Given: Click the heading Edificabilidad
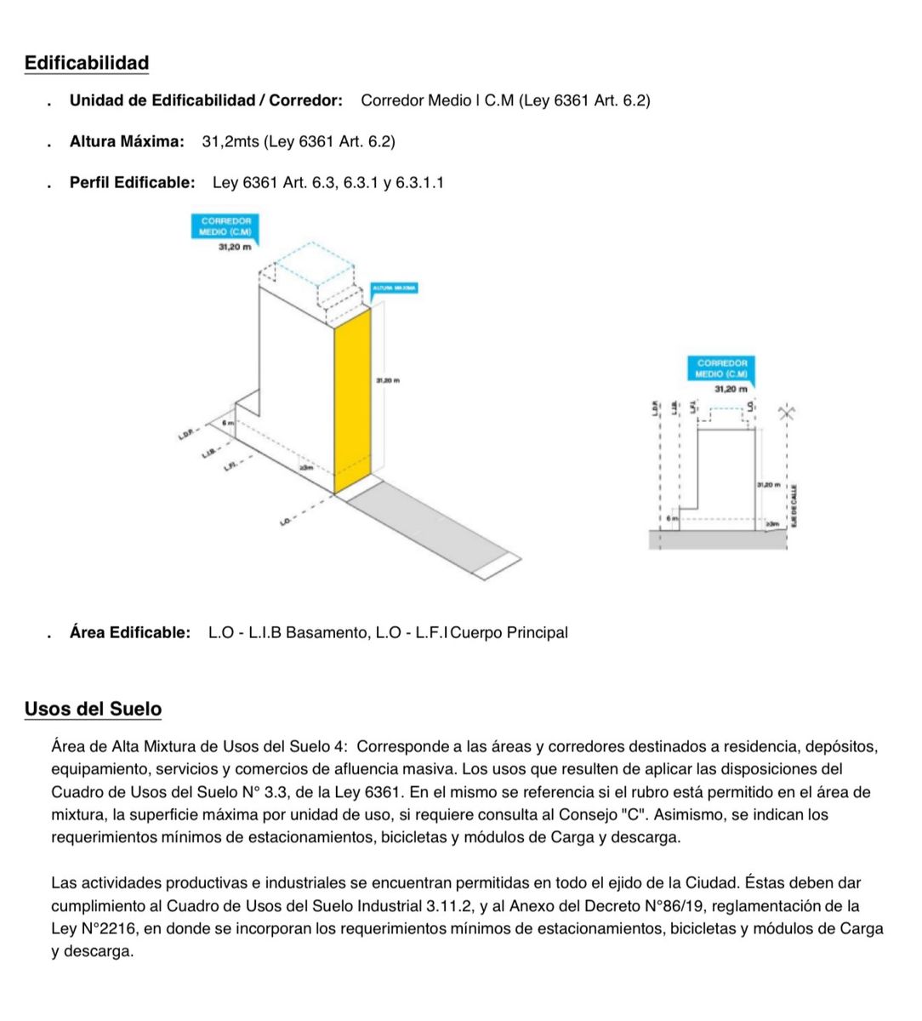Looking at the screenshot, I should click(x=87, y=63).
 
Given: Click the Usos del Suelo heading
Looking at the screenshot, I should click(x=93, y=709).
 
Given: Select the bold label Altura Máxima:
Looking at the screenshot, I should click(x=127, y=141).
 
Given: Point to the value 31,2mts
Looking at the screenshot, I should click(x=230, y=141).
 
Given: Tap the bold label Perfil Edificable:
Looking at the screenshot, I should click(x=132, y=182).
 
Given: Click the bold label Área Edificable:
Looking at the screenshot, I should click(x=130, y=632).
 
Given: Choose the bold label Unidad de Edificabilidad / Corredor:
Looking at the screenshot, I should click(x=206, y=100).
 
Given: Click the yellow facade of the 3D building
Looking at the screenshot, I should click(x=352, y=400).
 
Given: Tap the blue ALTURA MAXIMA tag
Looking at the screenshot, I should click(x=394, y=288).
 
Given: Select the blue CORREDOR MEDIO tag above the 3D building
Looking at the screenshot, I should click(x=225, y=225).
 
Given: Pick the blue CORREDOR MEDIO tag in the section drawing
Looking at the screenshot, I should click(x=720, y=368).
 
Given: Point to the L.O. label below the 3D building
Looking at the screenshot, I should click(x=287, y=518).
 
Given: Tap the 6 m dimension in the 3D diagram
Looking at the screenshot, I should click(x=227, y=422).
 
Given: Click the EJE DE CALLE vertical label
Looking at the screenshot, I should click(x=794, y=505).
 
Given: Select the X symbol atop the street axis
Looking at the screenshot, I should click(x=788, y=413).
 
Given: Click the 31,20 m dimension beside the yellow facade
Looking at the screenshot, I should click(x=387, y=379).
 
